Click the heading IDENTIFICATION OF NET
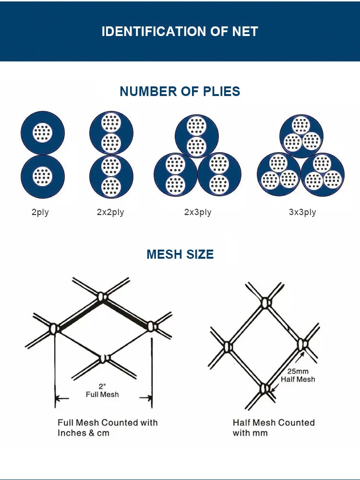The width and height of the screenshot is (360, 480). pyautogui.click(x=180, y=32)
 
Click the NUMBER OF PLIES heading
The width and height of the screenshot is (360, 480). pyautogui.click(x=180, y=91)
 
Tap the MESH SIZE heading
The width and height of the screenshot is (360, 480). pyautogui.click(x=180, y=254)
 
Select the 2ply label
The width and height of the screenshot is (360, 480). pyautogui.click(x=40, y=212)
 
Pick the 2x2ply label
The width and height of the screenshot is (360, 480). pyautogui.click(x=110, y=212)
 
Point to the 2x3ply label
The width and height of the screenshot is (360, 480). pyautogui.click(x=198, y=212)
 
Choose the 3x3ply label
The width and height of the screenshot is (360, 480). pyautogui.click(x=302, y=212)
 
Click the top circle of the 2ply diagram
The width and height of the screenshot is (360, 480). pyautogui.click(x=43, y=133)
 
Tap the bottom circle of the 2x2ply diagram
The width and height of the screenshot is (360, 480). pyautogui.click(x=111, y=176)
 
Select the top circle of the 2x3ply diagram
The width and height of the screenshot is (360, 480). pyautogui.click(x=196, y=136)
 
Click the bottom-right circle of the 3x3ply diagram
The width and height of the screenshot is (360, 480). pyautogui.click(x=323, y=175)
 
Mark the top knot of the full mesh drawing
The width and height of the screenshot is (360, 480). pyautogui.click(x=102, y=297)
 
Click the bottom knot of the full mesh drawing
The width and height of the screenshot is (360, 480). pyautogui.click(x=105, y=358)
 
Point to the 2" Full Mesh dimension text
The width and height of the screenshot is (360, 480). pyautogui.click(x=102, y=391)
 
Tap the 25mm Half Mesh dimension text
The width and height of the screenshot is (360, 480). pyautogui.click(x=298, y=375)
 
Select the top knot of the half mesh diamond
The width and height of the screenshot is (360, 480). pyautogui.click(x=266, y=303)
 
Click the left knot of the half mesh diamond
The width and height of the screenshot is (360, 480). pyautogui.click(x=228, y=347)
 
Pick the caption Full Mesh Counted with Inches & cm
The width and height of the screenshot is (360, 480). pyautogui.click(x=108, y=428)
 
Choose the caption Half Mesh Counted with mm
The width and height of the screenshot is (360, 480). pyautogui.click(x=274, y=428)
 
